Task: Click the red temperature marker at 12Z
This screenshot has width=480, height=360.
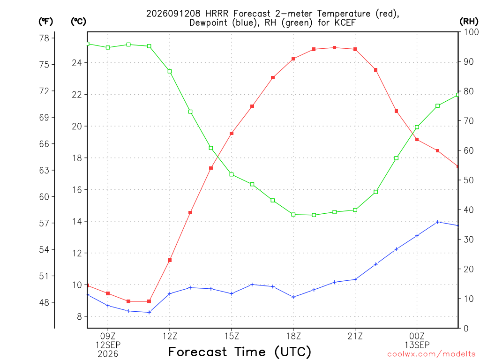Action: [170, 260]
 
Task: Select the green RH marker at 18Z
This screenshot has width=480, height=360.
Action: [293, 215]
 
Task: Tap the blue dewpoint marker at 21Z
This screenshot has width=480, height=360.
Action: [355, 279]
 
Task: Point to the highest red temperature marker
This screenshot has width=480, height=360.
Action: [335, 48]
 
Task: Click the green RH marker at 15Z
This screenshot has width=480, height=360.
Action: [232, 174]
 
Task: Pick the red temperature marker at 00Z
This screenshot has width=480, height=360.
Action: [417, 140]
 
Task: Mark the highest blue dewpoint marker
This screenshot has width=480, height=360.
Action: [437, 222]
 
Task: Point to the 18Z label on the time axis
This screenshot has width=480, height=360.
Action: [293, 336]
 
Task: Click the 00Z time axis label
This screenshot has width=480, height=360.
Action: [417, 336]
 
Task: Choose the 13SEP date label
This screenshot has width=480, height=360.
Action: [417, 345]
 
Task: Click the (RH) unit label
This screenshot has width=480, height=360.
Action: [469, 21]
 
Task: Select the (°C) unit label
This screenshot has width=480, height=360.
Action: [78, 21]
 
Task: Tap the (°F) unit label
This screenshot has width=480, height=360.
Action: [45, 21]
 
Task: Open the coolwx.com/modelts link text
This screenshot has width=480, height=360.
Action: [431, 354]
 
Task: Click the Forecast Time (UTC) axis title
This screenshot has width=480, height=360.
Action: [240, 352]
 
